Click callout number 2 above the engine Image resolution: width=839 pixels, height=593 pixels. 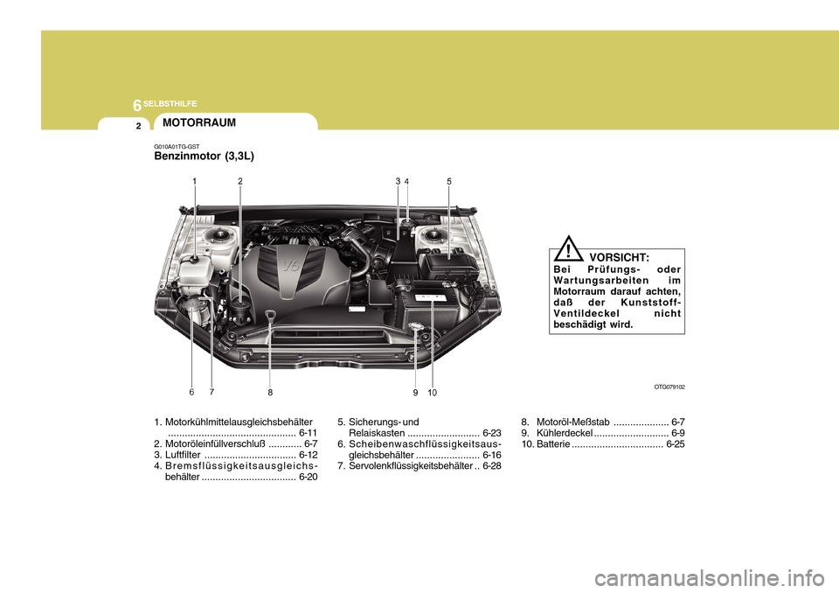point(239,181)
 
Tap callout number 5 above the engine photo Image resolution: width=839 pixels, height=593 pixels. point(448,181)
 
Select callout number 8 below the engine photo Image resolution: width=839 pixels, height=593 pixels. point(271,393)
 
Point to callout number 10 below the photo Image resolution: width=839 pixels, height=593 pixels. point(433,393)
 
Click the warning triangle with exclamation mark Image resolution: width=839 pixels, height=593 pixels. point(569,248)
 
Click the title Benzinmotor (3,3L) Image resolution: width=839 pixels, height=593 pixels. point(205,157)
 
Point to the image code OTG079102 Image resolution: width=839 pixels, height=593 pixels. point(669,386)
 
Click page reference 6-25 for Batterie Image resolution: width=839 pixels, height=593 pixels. point(675,444)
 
